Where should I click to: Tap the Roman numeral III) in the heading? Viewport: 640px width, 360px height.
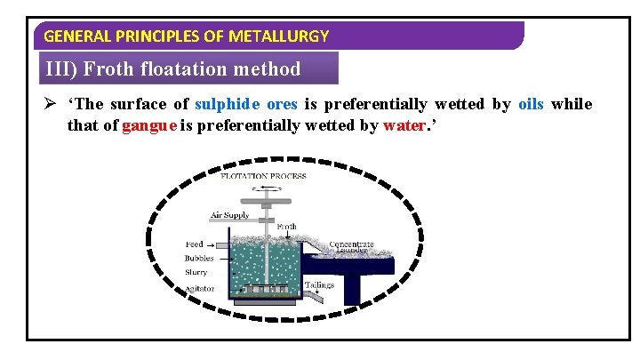62,68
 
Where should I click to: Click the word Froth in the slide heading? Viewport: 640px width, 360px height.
112,68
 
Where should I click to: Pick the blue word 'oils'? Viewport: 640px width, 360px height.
530,104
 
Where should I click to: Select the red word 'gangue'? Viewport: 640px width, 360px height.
149,125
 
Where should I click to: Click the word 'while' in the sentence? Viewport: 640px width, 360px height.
571,104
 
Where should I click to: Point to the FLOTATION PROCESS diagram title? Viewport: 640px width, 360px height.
263,176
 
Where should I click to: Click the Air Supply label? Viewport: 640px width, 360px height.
229,215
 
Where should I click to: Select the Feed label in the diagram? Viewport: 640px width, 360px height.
194,244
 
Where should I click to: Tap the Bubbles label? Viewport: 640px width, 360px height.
199,258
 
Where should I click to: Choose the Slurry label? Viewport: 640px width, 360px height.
196,272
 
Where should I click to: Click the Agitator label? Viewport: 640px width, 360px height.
199,289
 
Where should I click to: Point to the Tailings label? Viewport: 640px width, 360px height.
319,284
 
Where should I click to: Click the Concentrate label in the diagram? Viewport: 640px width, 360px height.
351,244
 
